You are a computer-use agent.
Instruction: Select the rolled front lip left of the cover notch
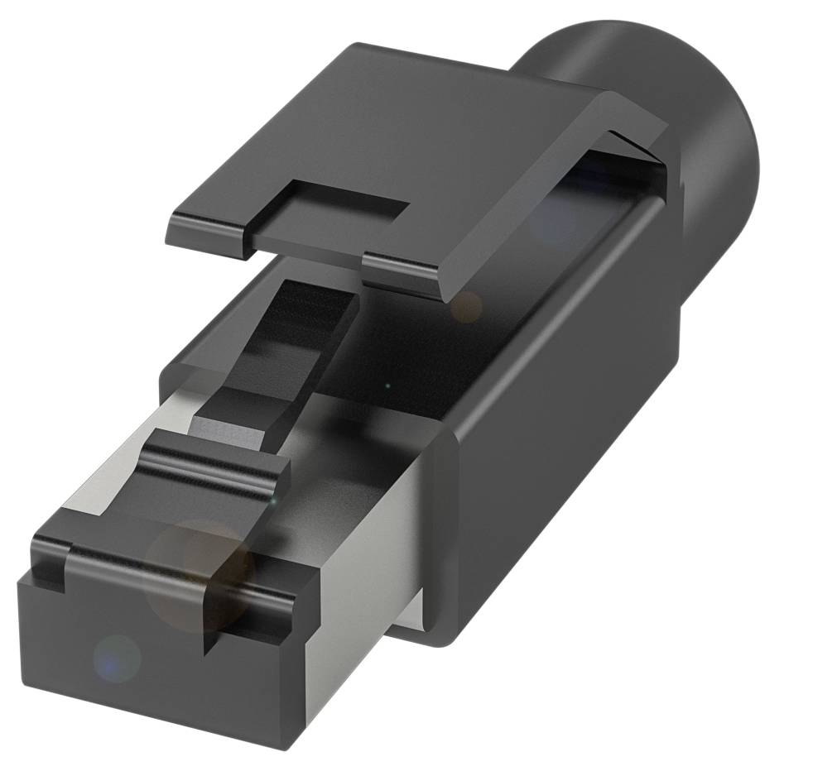coord(207,232)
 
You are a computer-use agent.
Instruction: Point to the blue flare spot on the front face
coord(116,658)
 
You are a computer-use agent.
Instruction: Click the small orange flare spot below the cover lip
coord(466,306)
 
